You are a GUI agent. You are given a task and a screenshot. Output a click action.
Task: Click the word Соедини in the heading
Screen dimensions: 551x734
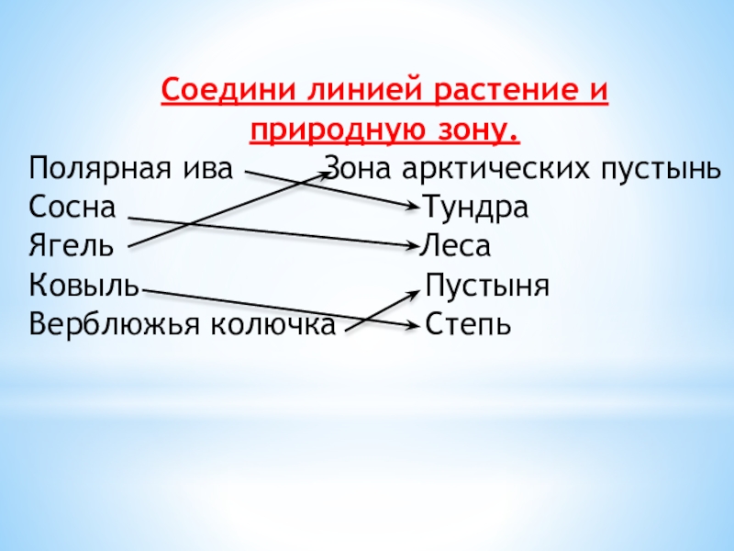(218, 92)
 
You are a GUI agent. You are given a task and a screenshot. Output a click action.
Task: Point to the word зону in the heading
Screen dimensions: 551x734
(473, 131)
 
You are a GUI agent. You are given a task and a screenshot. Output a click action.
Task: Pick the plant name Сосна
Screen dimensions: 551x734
(72, 208)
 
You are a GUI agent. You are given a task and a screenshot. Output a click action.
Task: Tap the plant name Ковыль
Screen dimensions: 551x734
(83, 286)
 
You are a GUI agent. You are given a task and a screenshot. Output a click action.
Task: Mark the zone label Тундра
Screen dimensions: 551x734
(475, 208)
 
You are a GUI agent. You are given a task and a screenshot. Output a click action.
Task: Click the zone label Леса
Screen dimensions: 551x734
(457, 247)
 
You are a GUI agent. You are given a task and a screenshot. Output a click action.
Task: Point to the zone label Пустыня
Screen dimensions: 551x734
(487, 286)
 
